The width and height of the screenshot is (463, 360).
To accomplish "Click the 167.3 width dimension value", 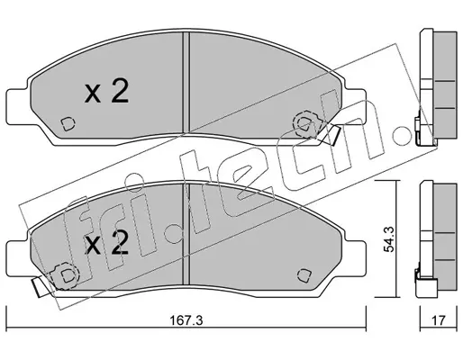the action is coord(186,320).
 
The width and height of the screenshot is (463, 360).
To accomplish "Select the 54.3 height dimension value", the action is coord(390,239).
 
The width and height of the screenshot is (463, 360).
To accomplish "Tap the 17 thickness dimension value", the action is coord(438,320).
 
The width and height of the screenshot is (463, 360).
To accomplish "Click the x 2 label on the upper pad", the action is coord(106,92).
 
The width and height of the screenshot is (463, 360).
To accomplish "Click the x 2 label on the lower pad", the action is coord(106,243).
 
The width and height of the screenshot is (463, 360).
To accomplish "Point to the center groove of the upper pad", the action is coord(186,83).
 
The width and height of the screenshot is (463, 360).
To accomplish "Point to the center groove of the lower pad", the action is coord(186,234).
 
